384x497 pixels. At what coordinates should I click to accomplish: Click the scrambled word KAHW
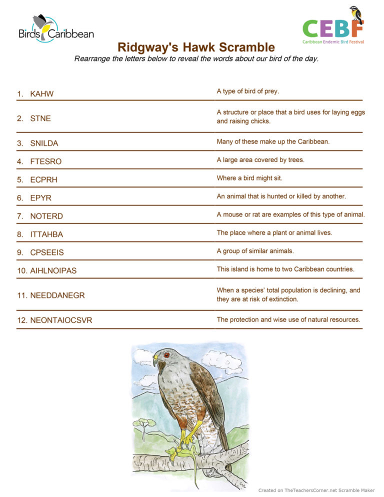pyautogui.click(x=41, y=94)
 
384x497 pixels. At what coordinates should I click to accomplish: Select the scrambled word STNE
pyautogui.click(x=40, y=118)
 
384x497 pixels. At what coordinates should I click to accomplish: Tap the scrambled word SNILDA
pyautogui.click(x=44, y=143)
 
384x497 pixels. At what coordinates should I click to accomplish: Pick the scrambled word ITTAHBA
pyautogui.click(x=46, y=234)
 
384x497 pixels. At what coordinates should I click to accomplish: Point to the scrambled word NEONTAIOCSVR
pyautogui.click(x=61, y=320)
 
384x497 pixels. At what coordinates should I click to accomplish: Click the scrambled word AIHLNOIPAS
pyautogui.click(x=53, y=270)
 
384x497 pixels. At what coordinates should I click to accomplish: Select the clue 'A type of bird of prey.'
pyautogui.click(x=247, y=91)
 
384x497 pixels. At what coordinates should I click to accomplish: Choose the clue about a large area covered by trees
pyautogui.click(x=260, y=160)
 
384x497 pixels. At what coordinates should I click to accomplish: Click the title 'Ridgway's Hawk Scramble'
pyautogui.click(x=196, y=47)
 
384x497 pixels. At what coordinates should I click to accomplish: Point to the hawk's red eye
pyautogui.click(x=166, y=355)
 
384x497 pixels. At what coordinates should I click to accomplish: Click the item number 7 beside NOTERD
pyautogui.click(x=19, y=216)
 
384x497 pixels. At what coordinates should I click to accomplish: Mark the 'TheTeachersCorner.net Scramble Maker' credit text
pyautogui.click(x=316, y=490)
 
